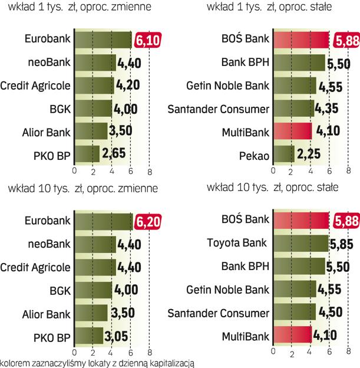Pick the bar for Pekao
tap(284, 155)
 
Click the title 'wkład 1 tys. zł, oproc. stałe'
tap(277, 8)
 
